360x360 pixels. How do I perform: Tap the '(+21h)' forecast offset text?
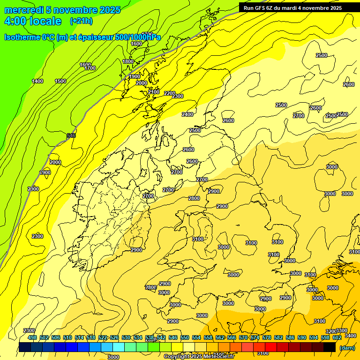tap(81, 21)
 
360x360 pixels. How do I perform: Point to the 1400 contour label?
tap(37, 81)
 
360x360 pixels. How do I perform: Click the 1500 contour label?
tap(60, 81)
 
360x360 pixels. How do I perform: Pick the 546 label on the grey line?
tap(71, 135)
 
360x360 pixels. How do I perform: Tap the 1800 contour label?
tap(128, 61)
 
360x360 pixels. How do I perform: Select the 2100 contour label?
tap(154, 92)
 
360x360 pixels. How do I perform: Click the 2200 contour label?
tap(169, 93)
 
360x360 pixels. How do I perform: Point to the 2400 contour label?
tap(187, 114)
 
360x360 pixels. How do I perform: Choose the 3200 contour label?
tap(331, 331)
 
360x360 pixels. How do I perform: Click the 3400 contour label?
tap(350, 336)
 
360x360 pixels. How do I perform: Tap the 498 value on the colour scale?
tap(32, 337)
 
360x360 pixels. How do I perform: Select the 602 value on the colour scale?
tap(337, 337)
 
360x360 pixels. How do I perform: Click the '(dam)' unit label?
tap(347, 347)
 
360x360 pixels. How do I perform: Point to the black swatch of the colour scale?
tap(330, 347)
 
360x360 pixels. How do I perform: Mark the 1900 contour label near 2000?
tap(134, 76)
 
